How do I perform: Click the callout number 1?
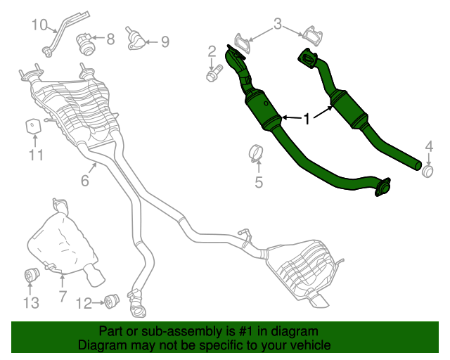[307, 120]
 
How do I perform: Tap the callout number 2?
[211, 51]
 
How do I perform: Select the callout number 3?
[277, 25]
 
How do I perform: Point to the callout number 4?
[429, 146]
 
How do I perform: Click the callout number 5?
[258, 184]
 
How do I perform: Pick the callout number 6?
[84, 181]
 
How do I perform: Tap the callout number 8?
[110, 40]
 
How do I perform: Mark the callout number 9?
[165, 42]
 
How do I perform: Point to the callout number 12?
[83, 304]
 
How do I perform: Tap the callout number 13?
[31, 303]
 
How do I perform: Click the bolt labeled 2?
[213, 72]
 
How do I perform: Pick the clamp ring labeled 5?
[257, 152]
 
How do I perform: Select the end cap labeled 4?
[427, 170]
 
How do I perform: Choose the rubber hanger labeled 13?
[32, 274]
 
